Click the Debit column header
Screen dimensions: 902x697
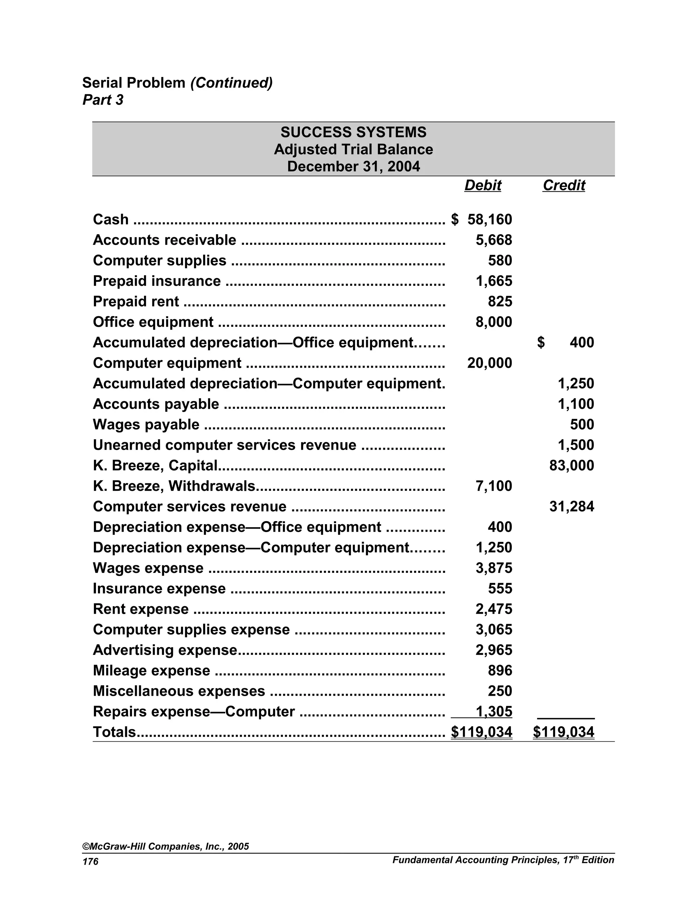482,186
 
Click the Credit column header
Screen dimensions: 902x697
564,186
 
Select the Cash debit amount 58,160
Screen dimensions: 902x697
489,219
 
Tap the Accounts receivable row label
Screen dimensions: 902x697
164,240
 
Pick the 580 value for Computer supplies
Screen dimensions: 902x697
500,261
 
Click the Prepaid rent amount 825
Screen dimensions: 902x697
500,302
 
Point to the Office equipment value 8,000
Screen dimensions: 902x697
493,322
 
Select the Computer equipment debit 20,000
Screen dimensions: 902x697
489,363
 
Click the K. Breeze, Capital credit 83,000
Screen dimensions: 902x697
571,465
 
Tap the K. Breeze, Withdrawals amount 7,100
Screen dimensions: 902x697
493,486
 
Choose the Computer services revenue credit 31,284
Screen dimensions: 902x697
571,506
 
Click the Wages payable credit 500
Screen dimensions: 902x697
582,424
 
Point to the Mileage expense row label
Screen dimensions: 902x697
151,670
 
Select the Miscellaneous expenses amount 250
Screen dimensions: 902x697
500,691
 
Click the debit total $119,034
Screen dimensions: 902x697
482,732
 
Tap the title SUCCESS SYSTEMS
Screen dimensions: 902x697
354,132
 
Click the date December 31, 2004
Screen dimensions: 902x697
354,166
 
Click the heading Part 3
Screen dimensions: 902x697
103,100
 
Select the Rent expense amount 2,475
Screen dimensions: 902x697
493,609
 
